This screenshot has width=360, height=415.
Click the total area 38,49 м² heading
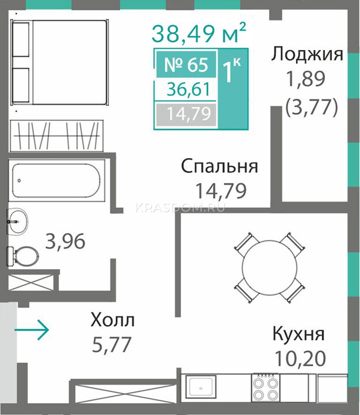click(199, 34)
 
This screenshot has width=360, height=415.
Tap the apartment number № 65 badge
click(186, 64)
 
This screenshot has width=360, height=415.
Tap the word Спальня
click(220, 166)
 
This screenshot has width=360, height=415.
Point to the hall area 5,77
click(111, 344)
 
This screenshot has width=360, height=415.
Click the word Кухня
click(298, 334)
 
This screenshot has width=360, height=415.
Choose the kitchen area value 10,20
click(300, 359)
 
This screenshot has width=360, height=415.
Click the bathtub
click(56, 181)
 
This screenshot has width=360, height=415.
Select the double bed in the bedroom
click(60, 62)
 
